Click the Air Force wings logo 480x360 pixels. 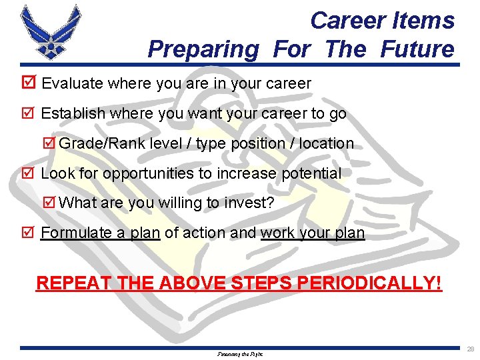point(50,33)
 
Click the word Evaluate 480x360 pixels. point(71,83)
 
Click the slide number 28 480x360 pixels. point(471,349)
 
